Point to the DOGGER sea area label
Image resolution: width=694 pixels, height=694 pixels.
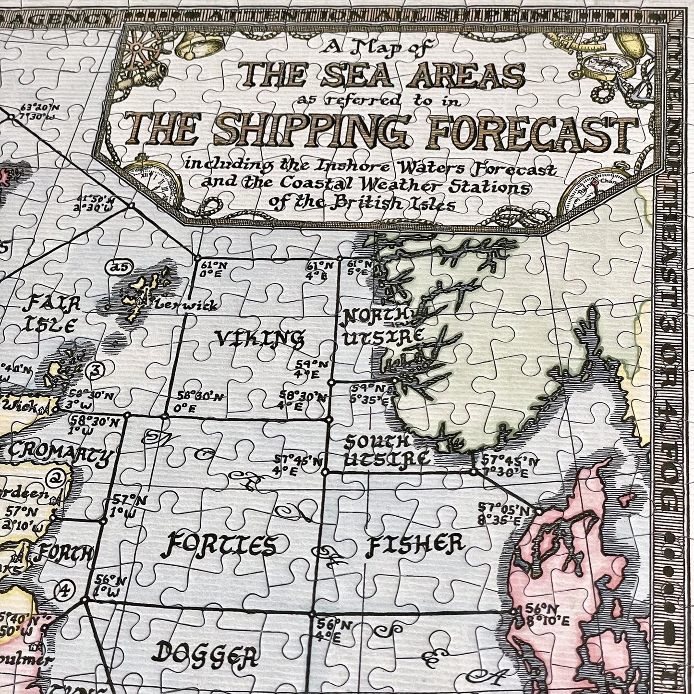click(207, 654)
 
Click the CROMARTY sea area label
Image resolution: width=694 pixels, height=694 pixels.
click(59, 454)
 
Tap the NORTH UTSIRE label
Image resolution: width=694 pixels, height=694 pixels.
click(382, 326)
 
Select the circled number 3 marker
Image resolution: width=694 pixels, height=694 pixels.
click(96, 370)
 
